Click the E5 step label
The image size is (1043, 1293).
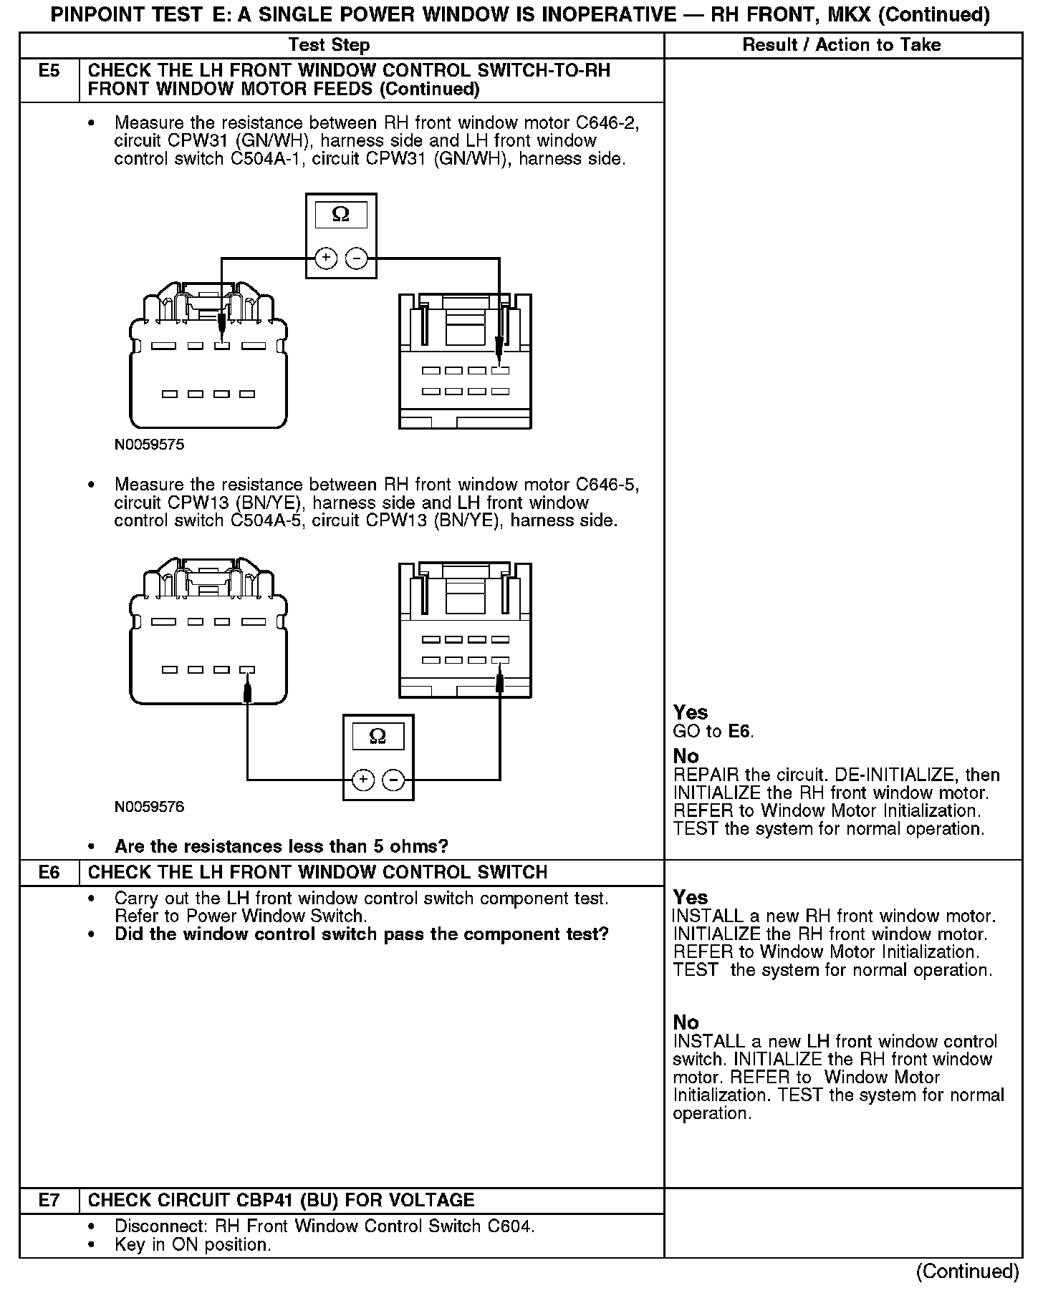point(49,71)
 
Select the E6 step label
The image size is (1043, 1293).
point(49,873)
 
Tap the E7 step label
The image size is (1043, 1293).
point(49,1201)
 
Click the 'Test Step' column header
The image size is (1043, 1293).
point(329,45)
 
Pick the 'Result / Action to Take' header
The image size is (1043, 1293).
point(841,45)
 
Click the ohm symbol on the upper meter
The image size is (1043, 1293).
point(341,215)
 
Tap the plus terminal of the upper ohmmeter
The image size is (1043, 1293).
point(326,258)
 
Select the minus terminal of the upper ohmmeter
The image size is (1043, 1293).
point(356,258)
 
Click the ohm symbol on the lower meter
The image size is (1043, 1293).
point(378,736)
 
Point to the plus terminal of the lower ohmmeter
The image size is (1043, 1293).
point(363,779)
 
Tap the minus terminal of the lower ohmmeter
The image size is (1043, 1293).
point(393,779)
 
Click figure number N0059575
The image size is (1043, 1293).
point(149,445)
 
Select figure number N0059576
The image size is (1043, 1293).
point(149,807)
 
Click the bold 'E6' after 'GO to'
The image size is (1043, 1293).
point(740,732)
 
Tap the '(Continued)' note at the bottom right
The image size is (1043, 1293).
point(967,1271)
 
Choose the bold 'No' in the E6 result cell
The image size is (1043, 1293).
point(686,1022)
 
